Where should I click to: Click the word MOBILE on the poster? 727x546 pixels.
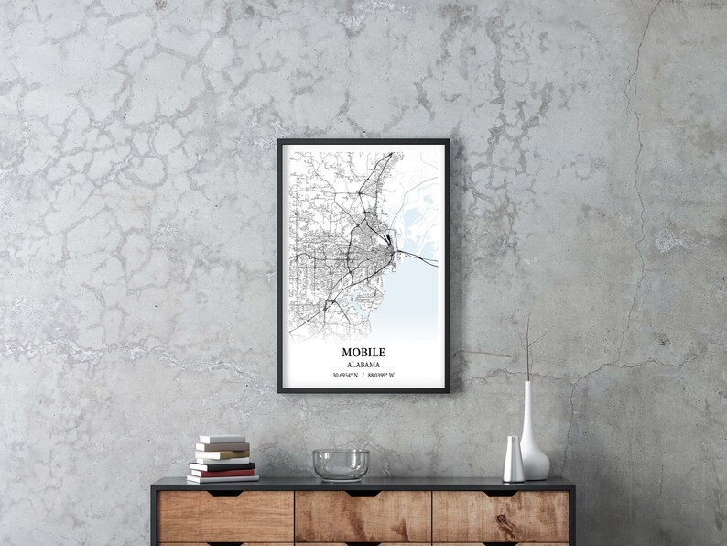(x=363, y=352)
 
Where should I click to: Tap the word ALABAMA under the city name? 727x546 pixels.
(x=363, y=365)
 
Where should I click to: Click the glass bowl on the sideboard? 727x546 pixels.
(x=341, y=464)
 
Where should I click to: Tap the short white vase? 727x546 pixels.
(x=514, y=459)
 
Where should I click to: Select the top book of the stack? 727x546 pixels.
(x=222, y=440)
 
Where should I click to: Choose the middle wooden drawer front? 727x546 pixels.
(x=363, y=517)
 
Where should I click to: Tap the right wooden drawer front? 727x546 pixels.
(x=500, y=517)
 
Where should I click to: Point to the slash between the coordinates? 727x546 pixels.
(x=363, y=376)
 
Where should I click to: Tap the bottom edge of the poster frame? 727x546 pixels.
(x=363, y=390)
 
